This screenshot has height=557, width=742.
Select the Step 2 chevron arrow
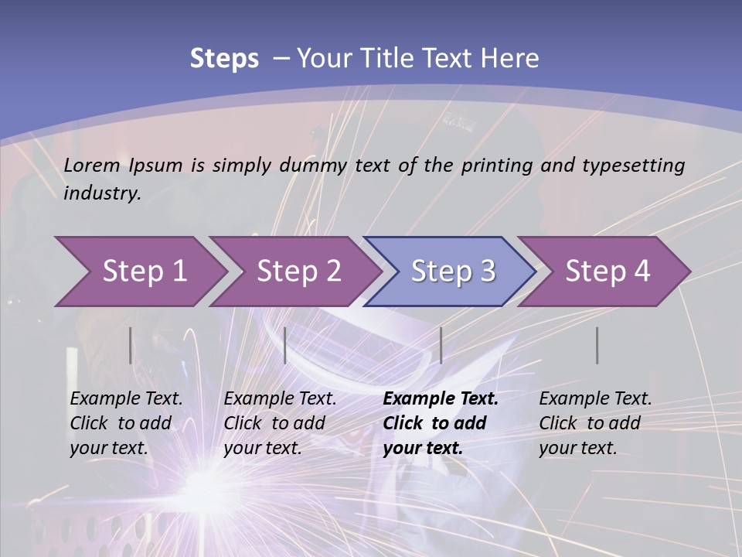coord(297,272)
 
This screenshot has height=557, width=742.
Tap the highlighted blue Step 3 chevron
coord(451,272)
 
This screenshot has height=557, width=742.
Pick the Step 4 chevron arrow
coord(606,272)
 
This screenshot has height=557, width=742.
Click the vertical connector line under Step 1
coord(131,345)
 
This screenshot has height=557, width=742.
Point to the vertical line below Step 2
coord(285,345)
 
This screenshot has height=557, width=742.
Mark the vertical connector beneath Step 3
coord(441,345)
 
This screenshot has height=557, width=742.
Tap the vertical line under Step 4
coord(597,345)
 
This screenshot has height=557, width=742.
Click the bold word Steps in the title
coord(224,58)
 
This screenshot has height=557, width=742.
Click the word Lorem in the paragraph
coord(92,165)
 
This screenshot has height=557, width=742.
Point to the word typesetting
coord(633,165)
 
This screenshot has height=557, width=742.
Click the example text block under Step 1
coord(127,423)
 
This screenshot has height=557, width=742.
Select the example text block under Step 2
coord(281,423)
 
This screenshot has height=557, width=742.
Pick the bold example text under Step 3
coord(441,423)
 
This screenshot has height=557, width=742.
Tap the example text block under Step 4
coord(595,423)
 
